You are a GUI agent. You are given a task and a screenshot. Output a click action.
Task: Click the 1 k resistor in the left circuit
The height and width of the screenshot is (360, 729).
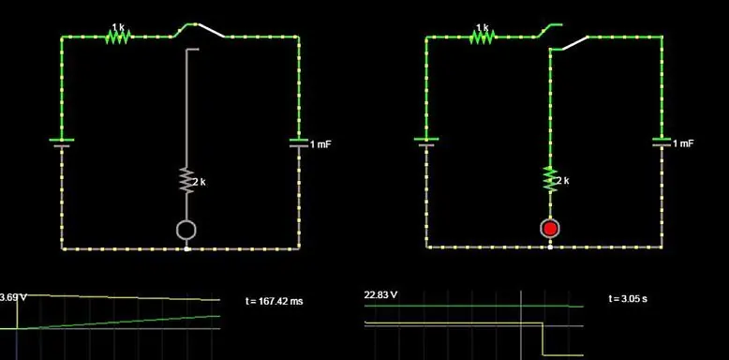(x=118, y=37)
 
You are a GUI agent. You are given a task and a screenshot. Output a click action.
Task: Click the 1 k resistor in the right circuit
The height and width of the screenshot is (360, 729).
(x=483, y=37)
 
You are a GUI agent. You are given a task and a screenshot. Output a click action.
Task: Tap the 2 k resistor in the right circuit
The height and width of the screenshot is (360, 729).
(x=549, y=178)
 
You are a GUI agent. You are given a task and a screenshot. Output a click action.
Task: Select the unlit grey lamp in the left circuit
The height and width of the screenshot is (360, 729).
(x=186, y=230)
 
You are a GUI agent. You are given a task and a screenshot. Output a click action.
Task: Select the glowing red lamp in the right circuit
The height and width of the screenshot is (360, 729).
(x=550, y=229)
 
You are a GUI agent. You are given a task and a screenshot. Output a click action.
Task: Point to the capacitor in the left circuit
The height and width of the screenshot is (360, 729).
(x=299, y=143)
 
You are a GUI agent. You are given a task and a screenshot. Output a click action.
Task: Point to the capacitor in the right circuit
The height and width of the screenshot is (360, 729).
(x=662, y=143)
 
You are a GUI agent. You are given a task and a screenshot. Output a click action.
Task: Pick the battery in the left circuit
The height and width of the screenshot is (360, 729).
(x=62, y=143)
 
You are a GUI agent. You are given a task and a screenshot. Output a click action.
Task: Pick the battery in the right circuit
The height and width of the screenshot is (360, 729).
(x=426, y=143)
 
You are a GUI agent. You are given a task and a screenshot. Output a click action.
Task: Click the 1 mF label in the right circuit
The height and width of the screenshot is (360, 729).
(x=684, y=143)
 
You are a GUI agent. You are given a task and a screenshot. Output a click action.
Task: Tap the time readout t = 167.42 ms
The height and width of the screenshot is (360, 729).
(x=274, y=301)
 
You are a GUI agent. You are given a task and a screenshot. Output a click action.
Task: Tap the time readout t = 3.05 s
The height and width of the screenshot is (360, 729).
(x=627, y=298)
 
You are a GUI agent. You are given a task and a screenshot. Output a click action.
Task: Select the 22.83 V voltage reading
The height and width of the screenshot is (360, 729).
(x=380, y=295)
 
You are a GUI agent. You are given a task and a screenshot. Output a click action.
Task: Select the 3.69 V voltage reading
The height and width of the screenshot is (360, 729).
(x=8, y=297)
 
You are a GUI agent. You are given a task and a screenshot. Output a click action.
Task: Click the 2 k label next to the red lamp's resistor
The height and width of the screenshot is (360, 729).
(x=563, y=180)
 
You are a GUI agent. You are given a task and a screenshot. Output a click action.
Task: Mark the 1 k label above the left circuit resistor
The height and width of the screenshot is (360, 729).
(x=118, y=26)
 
